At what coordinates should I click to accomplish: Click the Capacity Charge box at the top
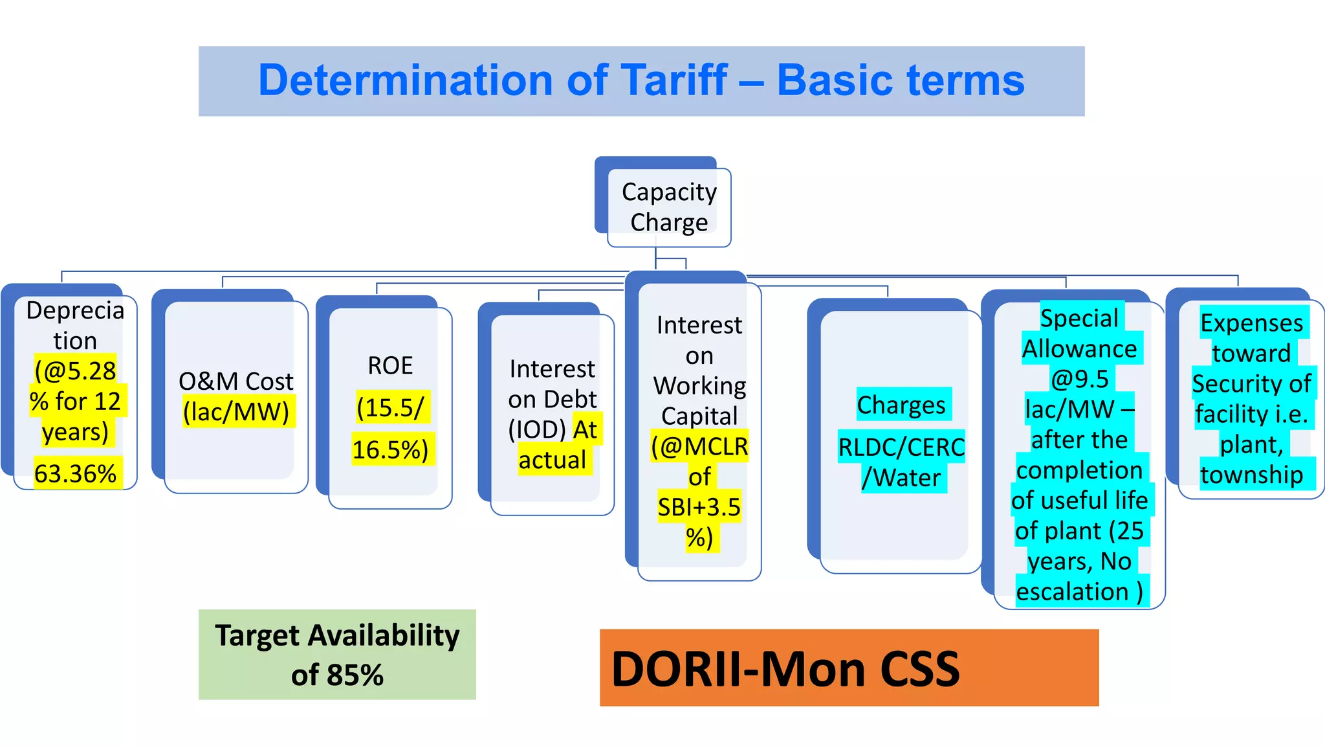coord(669,207)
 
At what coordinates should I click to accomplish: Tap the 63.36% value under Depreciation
coord(75,474)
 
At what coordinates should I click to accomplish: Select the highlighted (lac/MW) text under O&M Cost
coord(236,412)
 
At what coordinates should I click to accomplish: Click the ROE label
coord(390,366)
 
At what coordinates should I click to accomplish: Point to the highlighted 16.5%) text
coord(390,449)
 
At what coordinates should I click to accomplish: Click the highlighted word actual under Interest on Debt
coord(552,460)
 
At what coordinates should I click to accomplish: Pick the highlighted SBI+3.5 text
coord(699,507)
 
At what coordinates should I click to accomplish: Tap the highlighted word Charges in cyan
coord(901,405)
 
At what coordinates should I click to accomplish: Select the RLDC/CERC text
coord(901,447)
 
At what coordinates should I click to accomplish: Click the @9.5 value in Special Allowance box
coord(1079,379)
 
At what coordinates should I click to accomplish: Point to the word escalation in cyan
coord(1072,592)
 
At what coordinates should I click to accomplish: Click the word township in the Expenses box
coord(1251,475)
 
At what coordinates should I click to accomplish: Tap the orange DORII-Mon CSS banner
coord(849,668)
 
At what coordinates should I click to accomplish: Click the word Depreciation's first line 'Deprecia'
coord(75,311)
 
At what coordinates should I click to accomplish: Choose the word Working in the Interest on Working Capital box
coord(699,386)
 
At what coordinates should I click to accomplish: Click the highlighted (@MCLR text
coord(699,447)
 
